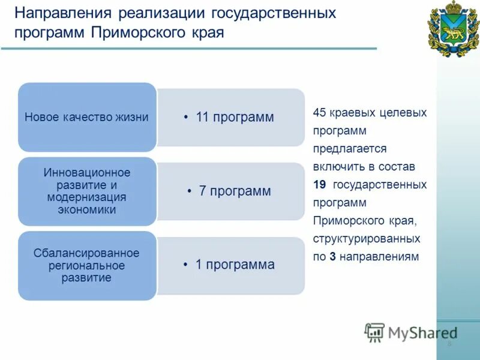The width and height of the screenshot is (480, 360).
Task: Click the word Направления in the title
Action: click(x=62, y=13)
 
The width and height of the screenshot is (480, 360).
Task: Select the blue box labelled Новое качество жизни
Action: click(x=86, y=118)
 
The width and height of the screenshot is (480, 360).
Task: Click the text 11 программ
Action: click(x=235, y=118)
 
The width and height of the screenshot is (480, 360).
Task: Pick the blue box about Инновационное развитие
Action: click(x=86, y=191)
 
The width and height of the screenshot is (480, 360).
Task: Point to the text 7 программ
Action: click(x=235, y=191)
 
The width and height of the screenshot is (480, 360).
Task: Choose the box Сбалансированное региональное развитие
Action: click(x=86, y=265)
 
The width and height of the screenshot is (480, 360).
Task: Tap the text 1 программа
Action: click(x=235, y=265)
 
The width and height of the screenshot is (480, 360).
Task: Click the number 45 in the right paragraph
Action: click(x=319, y=112)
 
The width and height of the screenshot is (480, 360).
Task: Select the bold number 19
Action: click(x=319, y=184)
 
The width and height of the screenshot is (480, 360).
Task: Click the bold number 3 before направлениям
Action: click(x=332, y=256)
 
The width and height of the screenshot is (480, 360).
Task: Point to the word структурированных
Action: click(x=366, y=238)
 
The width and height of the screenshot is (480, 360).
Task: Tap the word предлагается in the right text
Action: click(x=350, y=148)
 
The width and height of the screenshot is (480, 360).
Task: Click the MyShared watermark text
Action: click(x=422, y=332)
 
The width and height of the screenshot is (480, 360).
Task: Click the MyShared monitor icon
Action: click(x=374, y=332)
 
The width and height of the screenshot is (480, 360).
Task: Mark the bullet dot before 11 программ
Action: click(x=187, y=118)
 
